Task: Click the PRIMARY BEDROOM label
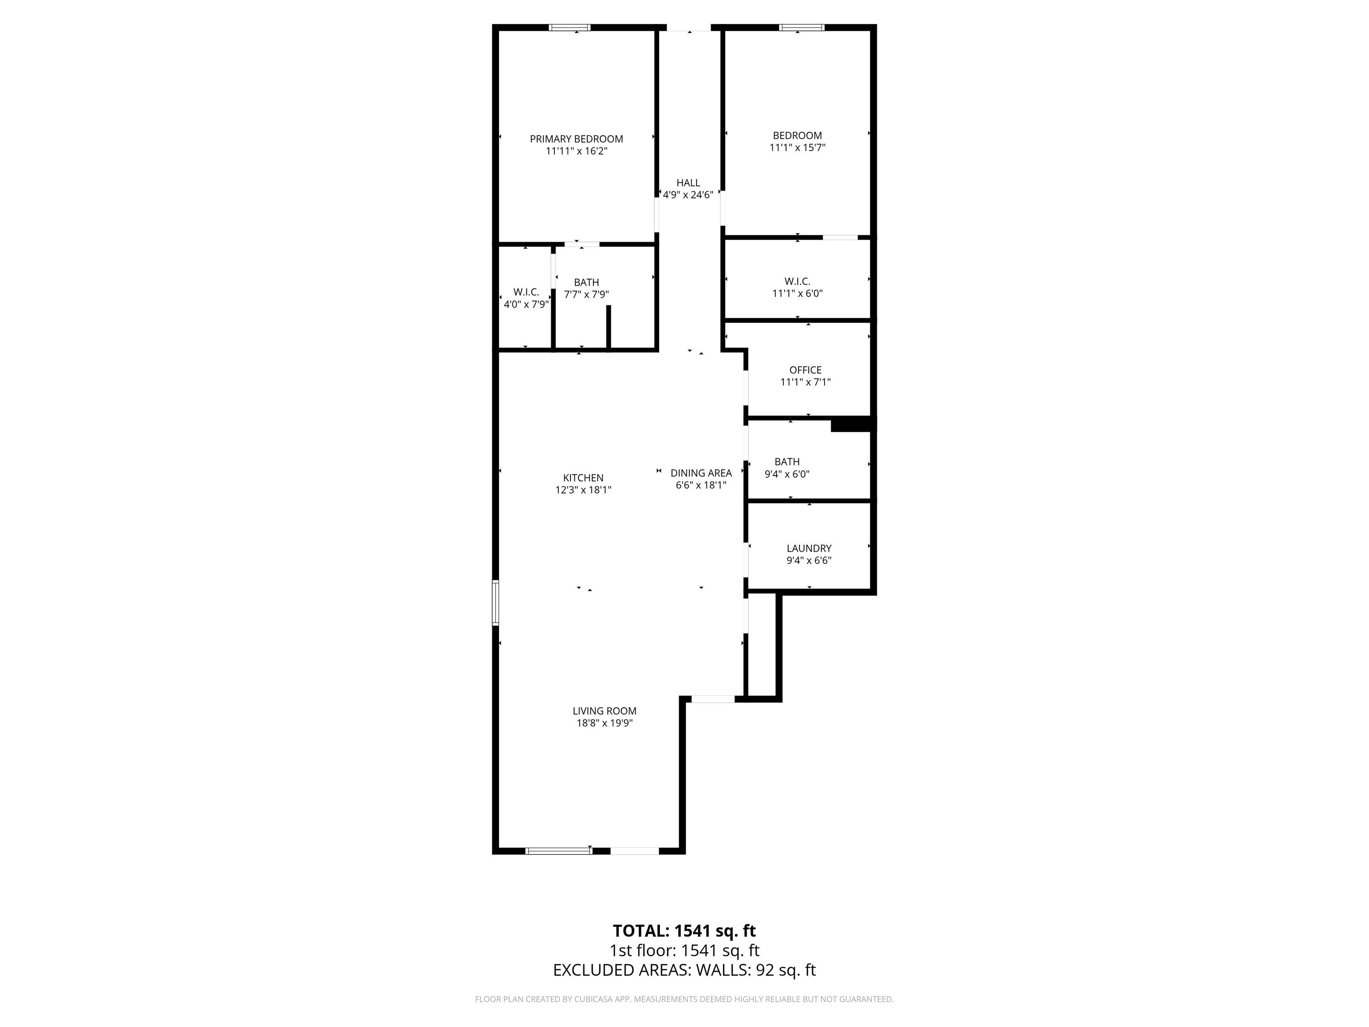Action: click(x=576, y=139)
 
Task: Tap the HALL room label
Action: click(x=688, y=183)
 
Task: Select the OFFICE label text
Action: click(x=805, y=370)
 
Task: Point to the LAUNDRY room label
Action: click(x=809, y=548)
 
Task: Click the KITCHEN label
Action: click(x=583, y=478)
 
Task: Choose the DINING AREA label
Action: click(x=701, y=473)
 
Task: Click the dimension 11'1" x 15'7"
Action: click(x=797, y=148)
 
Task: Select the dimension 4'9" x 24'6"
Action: click(x=688, y=194)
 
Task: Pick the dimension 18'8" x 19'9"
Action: click(x=605, y=723)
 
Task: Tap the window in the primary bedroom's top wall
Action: click(x=570, y=27)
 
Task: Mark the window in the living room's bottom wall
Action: click(x=559, y=850)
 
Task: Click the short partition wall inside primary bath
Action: click(x=608, y=328)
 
